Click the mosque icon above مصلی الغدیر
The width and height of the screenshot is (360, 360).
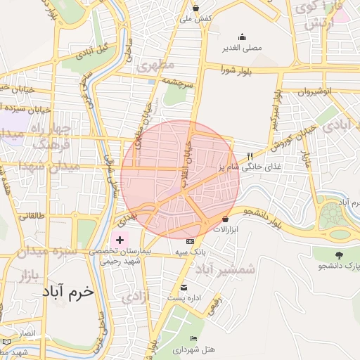[x=243, y=37]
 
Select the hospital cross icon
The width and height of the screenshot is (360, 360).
[x=119, y=240]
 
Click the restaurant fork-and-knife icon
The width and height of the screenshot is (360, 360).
[x=249, y=156]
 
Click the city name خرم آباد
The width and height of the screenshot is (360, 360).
[x=67, y=292]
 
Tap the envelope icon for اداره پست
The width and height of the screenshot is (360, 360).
[x=184, y=288]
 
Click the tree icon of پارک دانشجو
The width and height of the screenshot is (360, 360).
[x=340, y=255]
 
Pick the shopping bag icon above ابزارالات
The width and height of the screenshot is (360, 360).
[x=226, y=219]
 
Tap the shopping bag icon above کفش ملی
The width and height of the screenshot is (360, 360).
[x=195, y=8]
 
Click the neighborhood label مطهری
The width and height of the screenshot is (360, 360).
[x=155, y=66]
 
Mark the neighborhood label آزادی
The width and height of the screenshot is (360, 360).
[x=135, y=297]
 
